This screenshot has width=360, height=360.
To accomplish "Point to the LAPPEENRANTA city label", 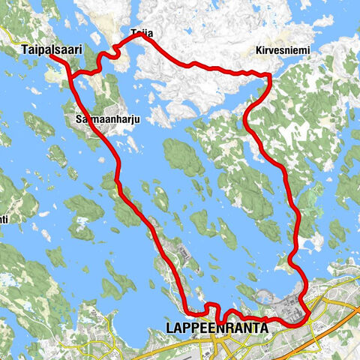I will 217,328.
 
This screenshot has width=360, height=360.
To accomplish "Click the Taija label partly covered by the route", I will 138,34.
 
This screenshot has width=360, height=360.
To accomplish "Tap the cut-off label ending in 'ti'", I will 4,220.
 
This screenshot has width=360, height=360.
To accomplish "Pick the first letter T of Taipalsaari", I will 26,49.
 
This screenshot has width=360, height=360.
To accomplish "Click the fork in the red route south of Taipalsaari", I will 73,73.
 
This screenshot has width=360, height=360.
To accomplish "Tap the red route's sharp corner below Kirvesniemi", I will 268,75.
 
